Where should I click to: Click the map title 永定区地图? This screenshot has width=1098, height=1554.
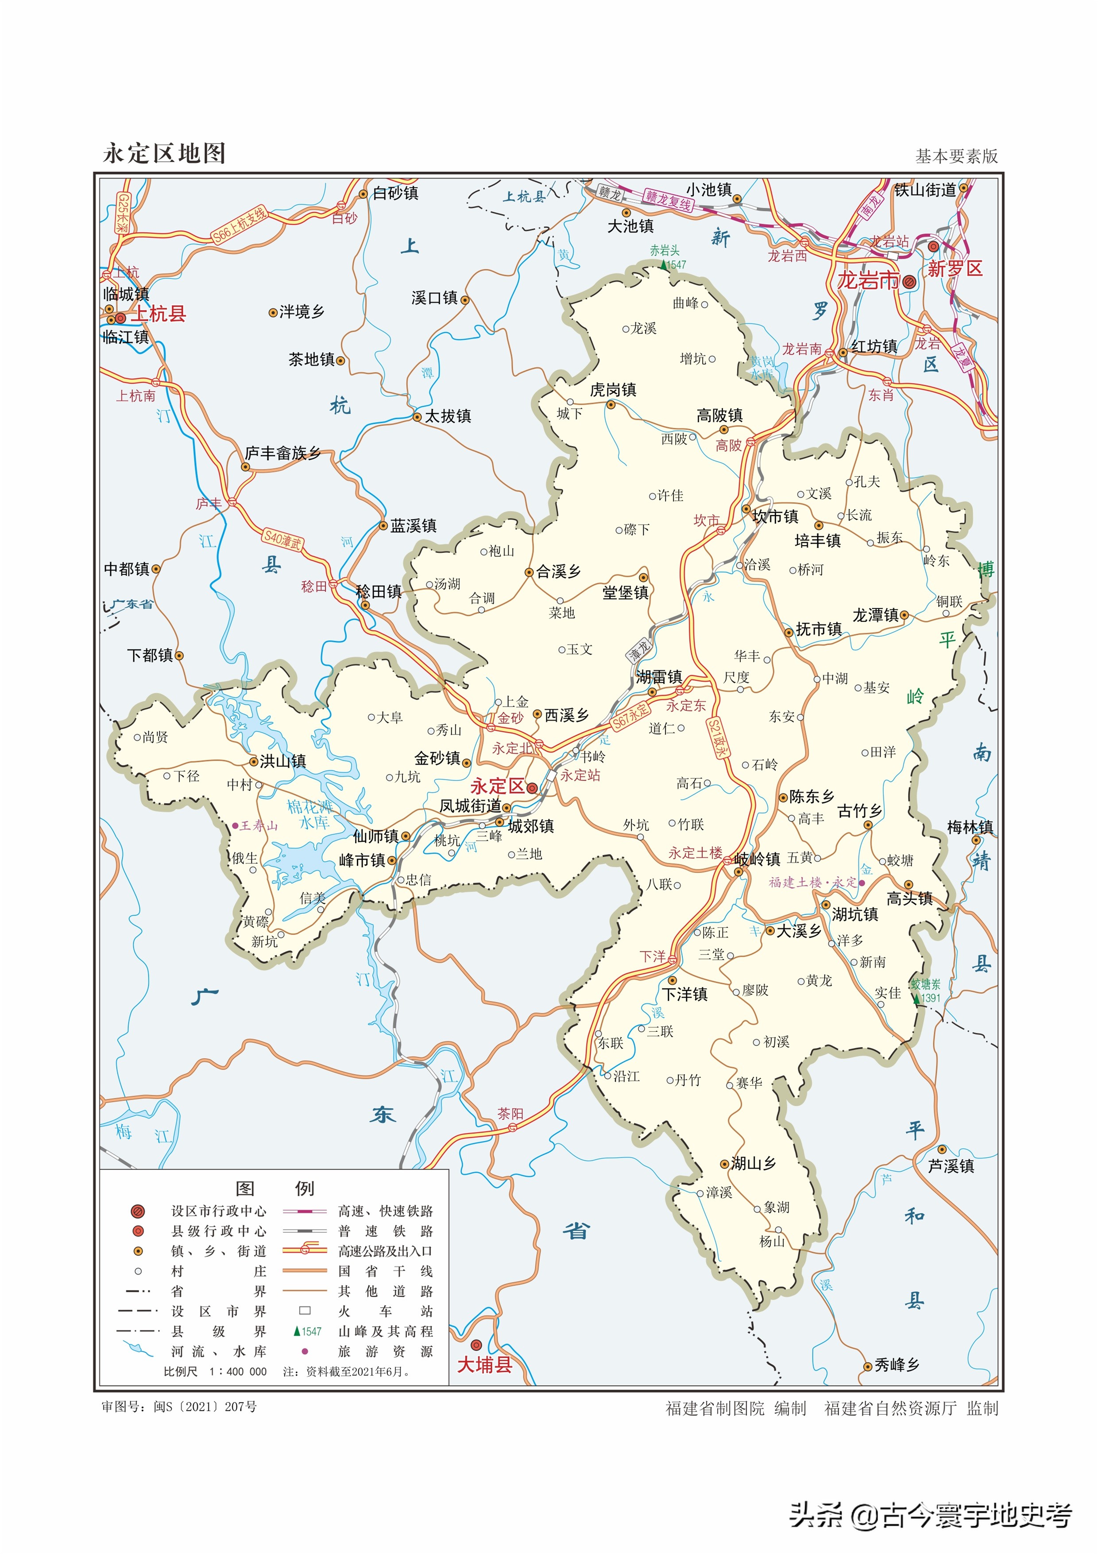(x=164, y=154)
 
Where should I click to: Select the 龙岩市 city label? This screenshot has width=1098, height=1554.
(x=868, y=280)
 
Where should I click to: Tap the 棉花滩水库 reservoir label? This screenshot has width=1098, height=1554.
(x=310, y=814)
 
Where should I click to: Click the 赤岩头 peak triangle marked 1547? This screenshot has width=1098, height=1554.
(x=664, y=264)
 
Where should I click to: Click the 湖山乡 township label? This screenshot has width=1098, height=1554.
(x=753, y=1163)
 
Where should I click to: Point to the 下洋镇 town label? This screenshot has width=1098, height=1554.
(x=684, y=994)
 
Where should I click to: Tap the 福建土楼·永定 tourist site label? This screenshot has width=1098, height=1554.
(x=812, y=882)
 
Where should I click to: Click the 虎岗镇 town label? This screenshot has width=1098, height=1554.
(x=613, y=390)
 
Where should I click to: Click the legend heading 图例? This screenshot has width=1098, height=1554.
(x=274, y=1189)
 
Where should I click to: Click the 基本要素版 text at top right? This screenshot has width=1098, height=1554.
(x=956, y=156)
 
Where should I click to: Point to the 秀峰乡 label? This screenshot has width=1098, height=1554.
(x=897, y=1365)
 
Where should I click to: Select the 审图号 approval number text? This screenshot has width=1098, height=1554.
(x=179, y=1406)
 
